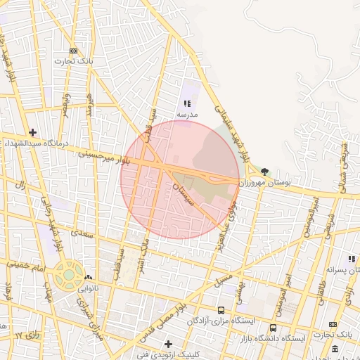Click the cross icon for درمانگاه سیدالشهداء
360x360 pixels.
tap(32, 132)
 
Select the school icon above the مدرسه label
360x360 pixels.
tap(187, 103)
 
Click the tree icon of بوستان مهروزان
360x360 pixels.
tap(264, 171)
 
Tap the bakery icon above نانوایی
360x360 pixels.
tap(89, 278)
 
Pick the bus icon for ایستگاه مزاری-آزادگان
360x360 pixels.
tap(221, 310)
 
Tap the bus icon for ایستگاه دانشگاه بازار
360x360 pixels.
tap(273, 328)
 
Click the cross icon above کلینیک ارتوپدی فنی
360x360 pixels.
tap(167, 344)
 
